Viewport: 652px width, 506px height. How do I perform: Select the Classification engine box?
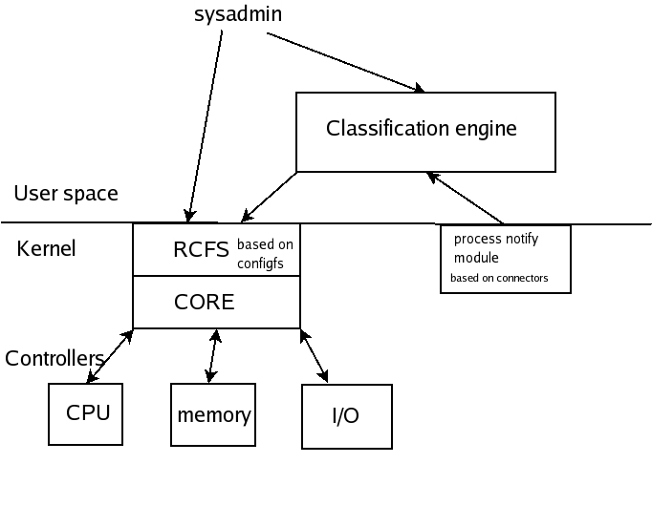424,131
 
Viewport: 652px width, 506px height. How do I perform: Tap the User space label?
66,194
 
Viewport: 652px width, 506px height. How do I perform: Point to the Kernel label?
46,249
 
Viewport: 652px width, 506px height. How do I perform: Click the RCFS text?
201,250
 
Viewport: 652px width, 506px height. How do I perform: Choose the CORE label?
204,303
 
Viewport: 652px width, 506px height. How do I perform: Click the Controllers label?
54,359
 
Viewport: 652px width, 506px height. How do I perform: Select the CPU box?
86,414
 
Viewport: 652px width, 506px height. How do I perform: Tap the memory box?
213,415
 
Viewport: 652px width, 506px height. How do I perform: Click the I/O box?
346,416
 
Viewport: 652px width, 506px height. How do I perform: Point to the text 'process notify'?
495,239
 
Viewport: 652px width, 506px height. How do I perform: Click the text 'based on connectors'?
498,280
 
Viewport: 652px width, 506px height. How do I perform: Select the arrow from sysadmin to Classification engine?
344,63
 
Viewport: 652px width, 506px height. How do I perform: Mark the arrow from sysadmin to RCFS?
206,125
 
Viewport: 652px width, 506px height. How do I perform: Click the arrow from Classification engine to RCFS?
271,196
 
